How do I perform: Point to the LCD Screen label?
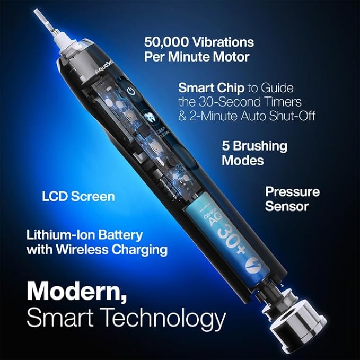click(x=78, y=196)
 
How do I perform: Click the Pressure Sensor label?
click(x=292, y=198)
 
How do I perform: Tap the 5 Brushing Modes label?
click(x=254, y=153)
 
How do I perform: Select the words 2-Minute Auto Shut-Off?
click(x=254, y=115)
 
